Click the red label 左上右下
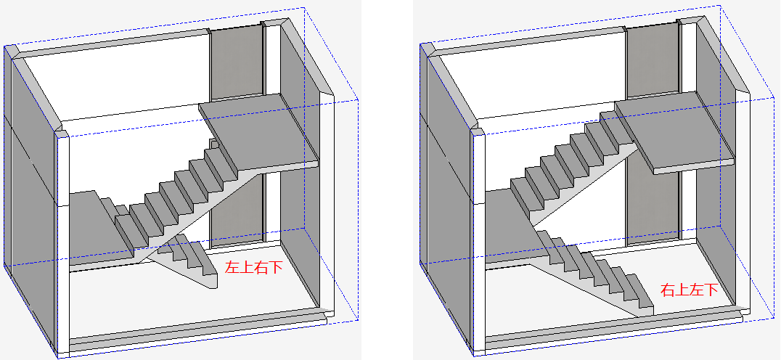254,268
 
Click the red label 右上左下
690,290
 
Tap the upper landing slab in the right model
674,134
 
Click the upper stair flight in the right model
573,169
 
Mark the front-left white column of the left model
62,244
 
